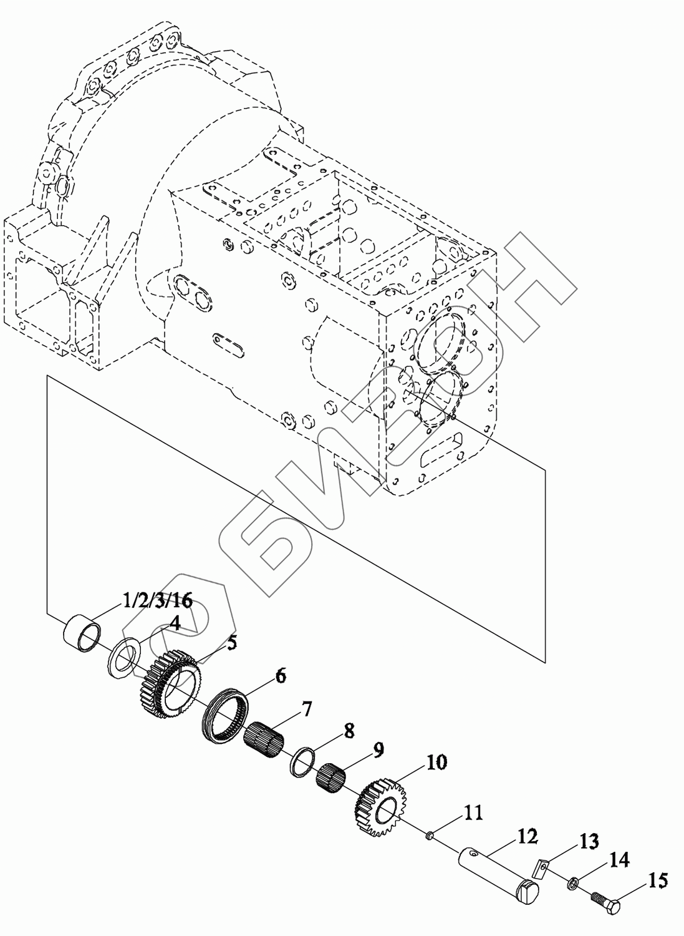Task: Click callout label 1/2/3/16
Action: click(x=158, y=601)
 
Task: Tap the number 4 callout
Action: click(x=175, y=623)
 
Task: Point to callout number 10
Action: click(x=436, y=762)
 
